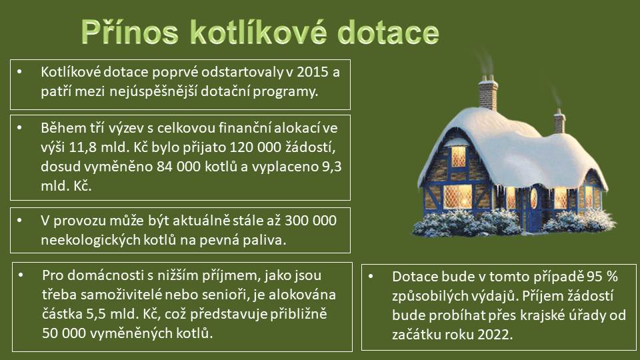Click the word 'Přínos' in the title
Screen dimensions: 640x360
pyautogui.click(x=129, y=32)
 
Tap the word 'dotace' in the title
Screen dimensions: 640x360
pyautogui.click(x=388, y=32)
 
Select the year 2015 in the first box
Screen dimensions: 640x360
pyautogui.click(x=313, y=72)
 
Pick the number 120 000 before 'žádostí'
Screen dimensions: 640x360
pyautogui.click(x=255, y=147)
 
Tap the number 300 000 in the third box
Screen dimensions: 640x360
pyautogui.click(x=311, y=221)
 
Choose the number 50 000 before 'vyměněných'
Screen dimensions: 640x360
pyautogui.click(x=64, y=333)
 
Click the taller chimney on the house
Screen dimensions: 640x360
pyautogui.click(x=488, y=93)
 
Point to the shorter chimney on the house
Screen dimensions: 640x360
pyautogui.click(x=559, y=121)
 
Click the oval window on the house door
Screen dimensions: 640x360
pyautogui.click(x=533, y=198)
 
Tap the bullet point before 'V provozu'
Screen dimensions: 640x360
pyautogui.click(x=19, y=221)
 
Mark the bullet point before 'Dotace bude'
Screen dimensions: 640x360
pyautogui.click(x=371, y=276)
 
